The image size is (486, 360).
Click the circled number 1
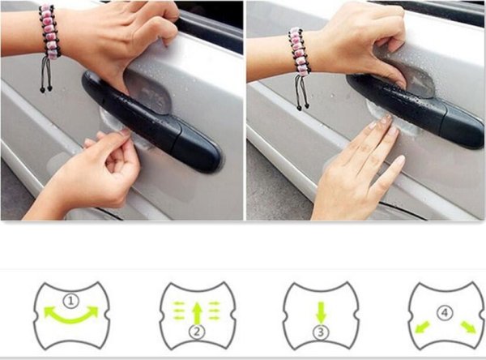coord(71,301)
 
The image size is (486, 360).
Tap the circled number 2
coord(197,332)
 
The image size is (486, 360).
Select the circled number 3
coord(321,332)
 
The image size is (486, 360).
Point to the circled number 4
coord(445,313)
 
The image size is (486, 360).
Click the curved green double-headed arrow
coord(71,319)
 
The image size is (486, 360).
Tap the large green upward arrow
coord(197,313)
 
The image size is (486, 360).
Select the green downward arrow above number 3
coord(321,312)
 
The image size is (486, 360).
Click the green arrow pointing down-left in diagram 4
coord(422,327)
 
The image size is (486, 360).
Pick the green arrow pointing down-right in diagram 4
coord(468,327)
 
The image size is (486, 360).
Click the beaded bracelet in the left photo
coord(49,32)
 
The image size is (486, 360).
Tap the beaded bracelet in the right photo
coord(300,50)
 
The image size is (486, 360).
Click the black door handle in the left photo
coord(151,121)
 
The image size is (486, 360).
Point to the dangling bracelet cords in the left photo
coord(46,75)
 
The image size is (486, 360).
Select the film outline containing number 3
coord(322,315)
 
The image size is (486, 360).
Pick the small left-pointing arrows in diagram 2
coord(178,311)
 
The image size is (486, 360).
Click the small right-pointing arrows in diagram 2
coord(214,311)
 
